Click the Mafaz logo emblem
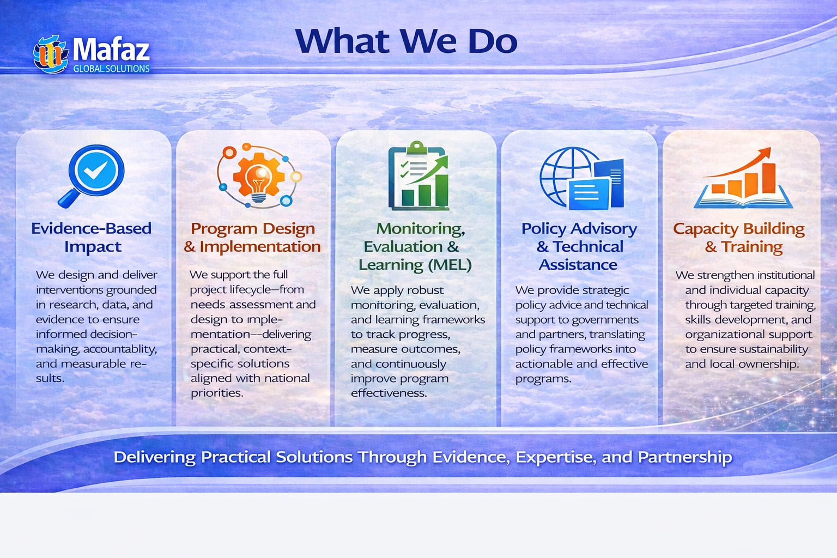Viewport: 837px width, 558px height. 51,54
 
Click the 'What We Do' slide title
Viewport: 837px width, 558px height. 406,41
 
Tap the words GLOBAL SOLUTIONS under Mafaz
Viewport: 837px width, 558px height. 111,69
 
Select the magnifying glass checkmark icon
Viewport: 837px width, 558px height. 92,176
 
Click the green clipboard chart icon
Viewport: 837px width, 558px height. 418,175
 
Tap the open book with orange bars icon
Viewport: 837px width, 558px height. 743,178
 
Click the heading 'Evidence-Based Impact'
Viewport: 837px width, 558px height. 91,238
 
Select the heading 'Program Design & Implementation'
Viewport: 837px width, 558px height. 252,238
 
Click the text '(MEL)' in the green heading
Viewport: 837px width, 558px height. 450,265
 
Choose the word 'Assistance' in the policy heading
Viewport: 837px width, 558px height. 578,265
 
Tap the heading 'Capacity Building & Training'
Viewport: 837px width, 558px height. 739,238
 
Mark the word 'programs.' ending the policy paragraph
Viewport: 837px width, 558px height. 544,379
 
